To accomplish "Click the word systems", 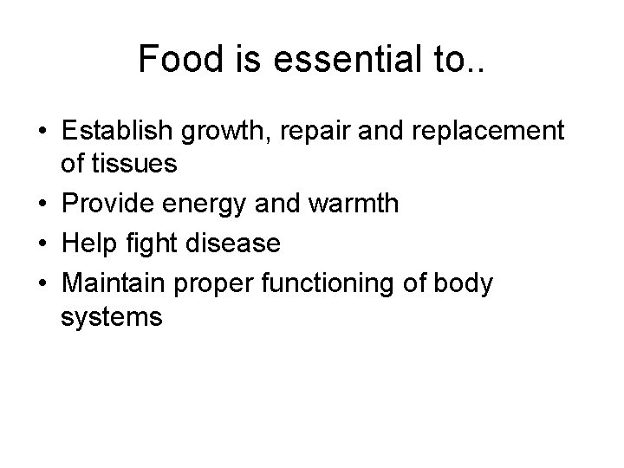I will coord(112,318).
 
